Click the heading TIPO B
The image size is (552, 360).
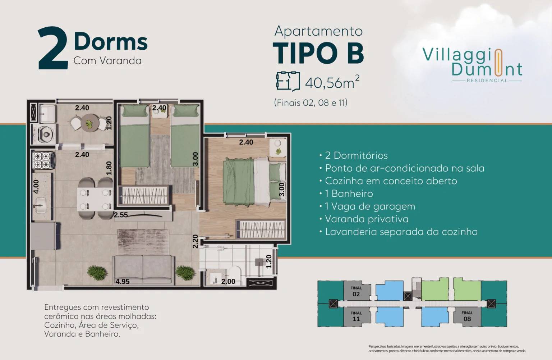tap(318, 54)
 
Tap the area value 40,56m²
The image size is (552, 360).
tap(332, 82)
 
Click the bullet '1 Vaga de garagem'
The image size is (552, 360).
tap(370, 206)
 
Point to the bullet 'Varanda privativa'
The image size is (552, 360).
tap(367, 219)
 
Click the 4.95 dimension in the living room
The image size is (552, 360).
tap(122, 282)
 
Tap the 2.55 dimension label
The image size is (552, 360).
tap(121, 215)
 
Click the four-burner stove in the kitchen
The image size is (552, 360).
tap(42, 161)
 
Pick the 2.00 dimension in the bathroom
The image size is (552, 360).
tap(228, 282)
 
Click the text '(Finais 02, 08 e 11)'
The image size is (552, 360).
tap(310, 103)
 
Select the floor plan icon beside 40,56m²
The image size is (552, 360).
tap(288, 81)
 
